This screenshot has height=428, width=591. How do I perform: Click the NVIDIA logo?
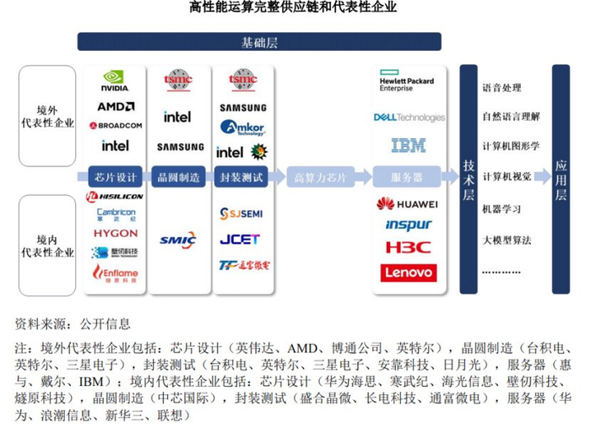pos(115,81)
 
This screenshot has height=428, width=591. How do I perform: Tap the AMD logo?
pos(116,106)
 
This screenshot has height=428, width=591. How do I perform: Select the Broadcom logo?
pos(116,125)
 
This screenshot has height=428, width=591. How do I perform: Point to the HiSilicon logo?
pos(116,197)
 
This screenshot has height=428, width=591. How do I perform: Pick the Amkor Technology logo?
pos(242,128)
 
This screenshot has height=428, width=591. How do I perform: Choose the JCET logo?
pos(241,239)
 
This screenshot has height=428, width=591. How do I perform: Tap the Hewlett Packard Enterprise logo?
pos(408,84)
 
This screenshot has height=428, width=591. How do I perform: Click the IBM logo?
pos(408,146)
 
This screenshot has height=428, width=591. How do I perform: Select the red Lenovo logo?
pos(408,272)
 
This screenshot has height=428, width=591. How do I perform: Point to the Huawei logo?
pos(408,203)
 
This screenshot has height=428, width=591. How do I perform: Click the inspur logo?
pos(408,225)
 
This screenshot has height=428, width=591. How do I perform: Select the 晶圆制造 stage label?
pos(179,177)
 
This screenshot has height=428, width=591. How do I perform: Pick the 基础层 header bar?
pos(259,43)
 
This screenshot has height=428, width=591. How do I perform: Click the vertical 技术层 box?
pos(469,178)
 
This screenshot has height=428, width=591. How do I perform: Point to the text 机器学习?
pos(502,209)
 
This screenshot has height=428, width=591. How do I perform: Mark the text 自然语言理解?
pos(510,116)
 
